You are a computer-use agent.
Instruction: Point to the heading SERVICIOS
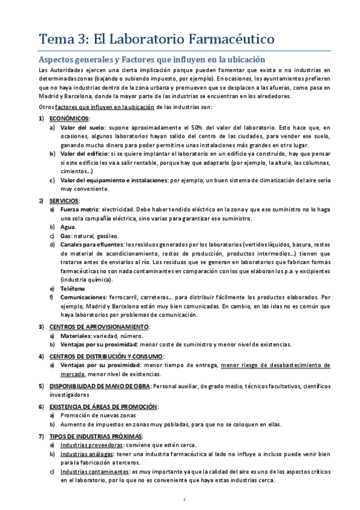coord(64,200)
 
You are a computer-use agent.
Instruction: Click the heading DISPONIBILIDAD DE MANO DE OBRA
coord(99,386)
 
